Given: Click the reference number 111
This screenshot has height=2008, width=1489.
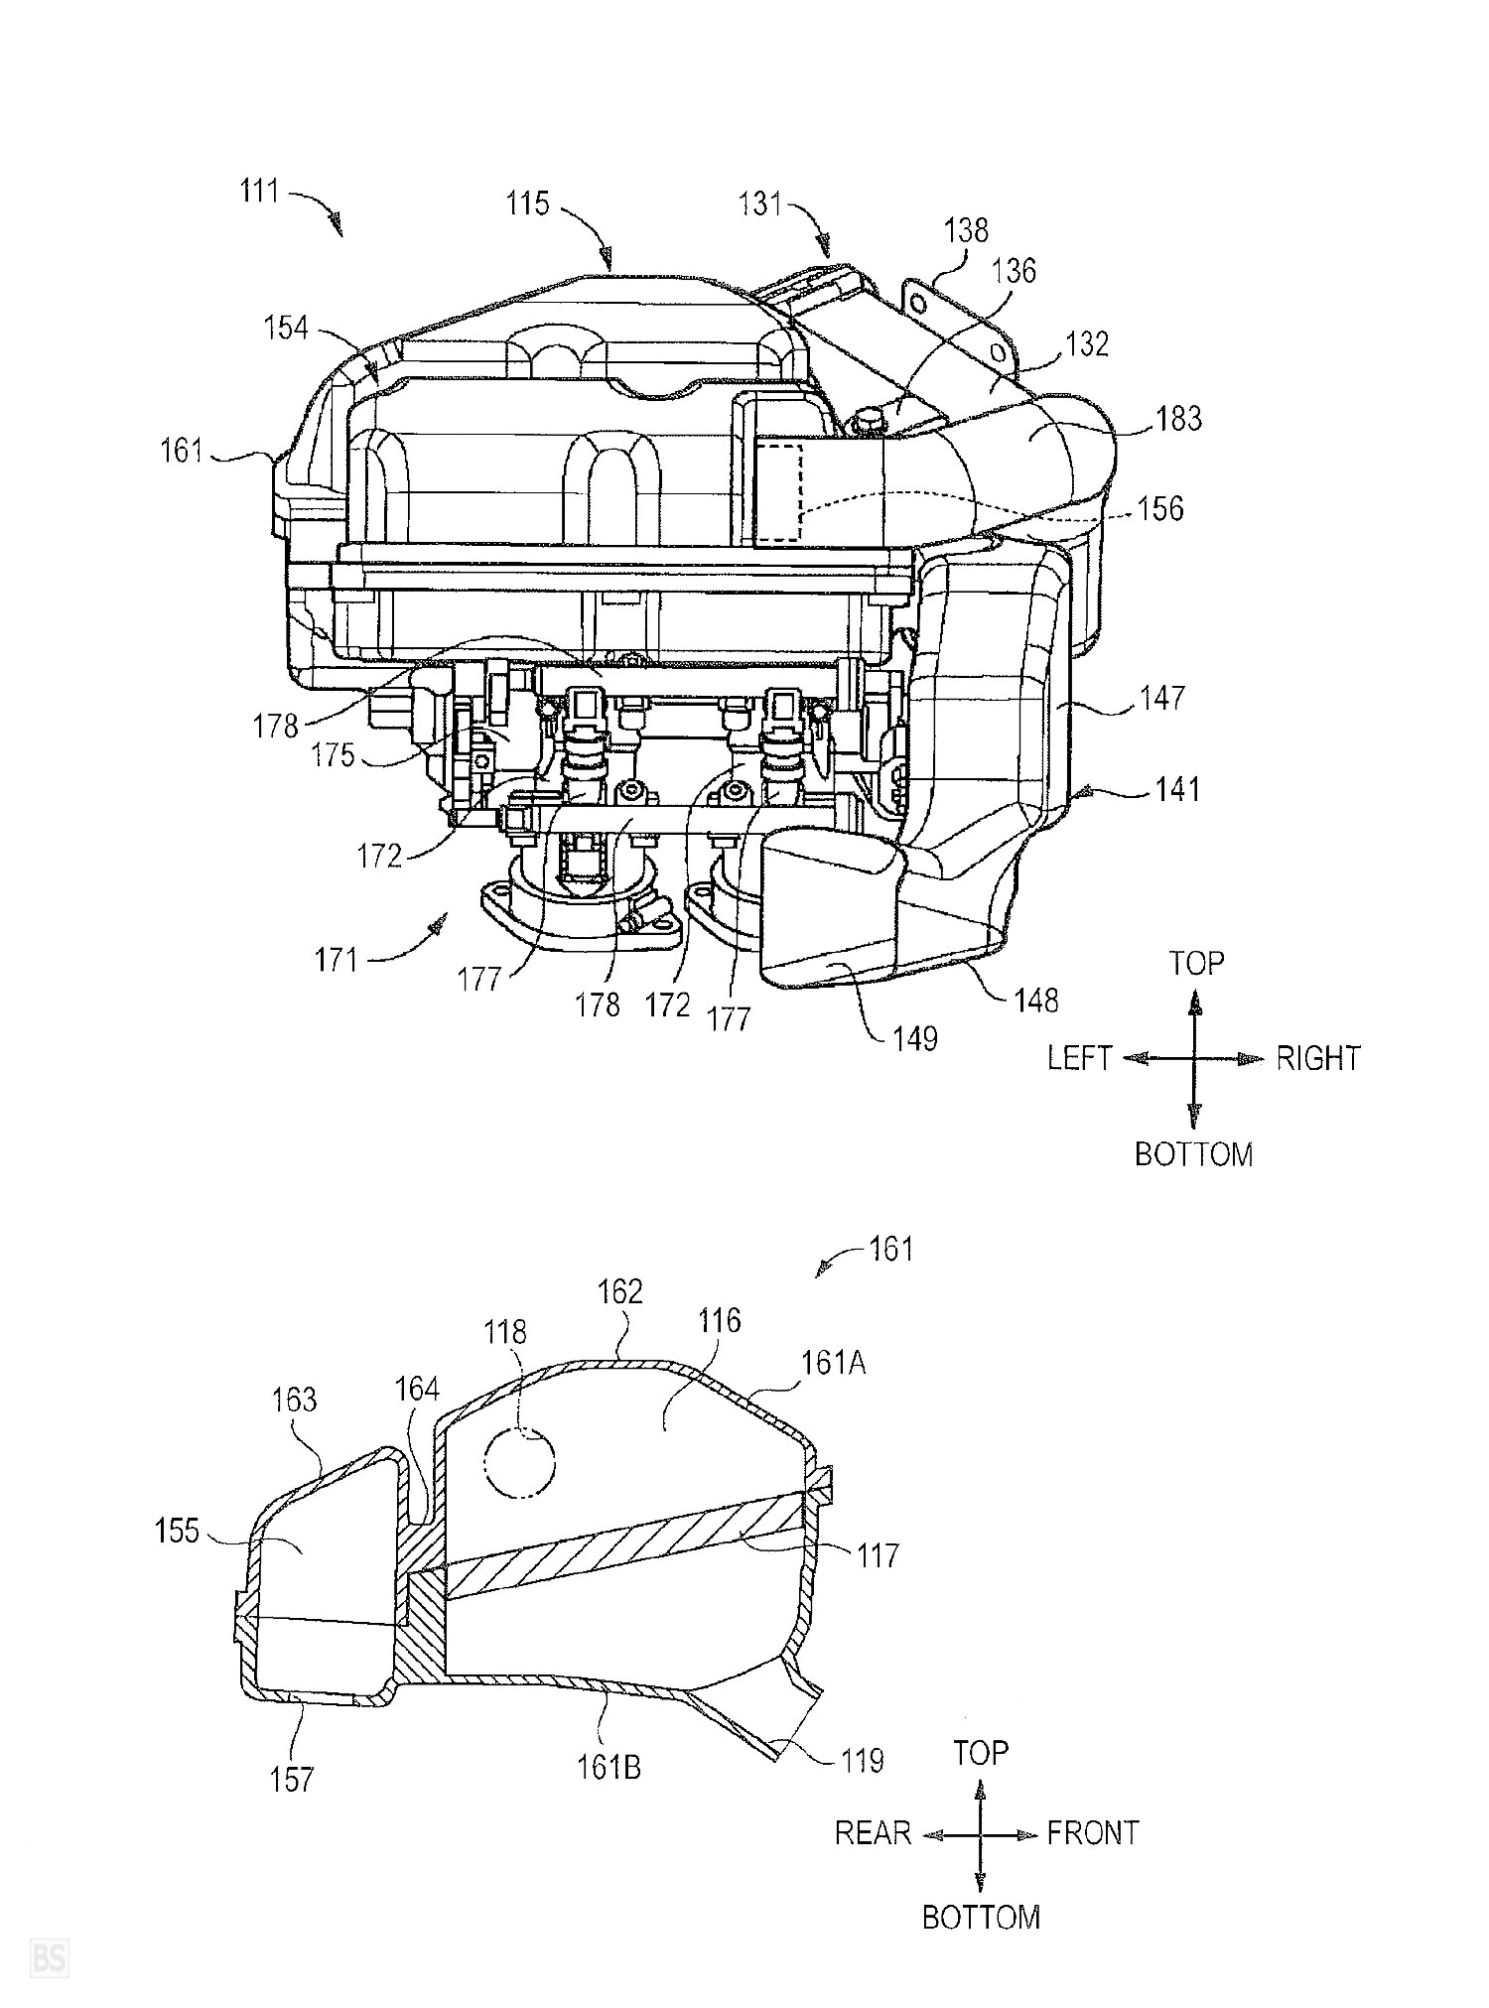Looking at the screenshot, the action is point(259,190).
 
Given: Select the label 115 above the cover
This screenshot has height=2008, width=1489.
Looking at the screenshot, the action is point(527,203).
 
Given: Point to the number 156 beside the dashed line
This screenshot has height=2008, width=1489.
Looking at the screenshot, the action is point(1160,508).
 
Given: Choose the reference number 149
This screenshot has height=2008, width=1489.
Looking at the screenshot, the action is point(914,1038).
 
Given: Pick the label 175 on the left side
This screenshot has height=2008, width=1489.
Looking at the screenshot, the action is point(333,755).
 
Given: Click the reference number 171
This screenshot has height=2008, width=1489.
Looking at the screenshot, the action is point(337,961).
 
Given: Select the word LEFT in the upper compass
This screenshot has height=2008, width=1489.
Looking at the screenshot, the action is point(1079,1058).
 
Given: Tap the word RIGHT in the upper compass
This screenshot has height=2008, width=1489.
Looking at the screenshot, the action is point(1318,1058).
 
